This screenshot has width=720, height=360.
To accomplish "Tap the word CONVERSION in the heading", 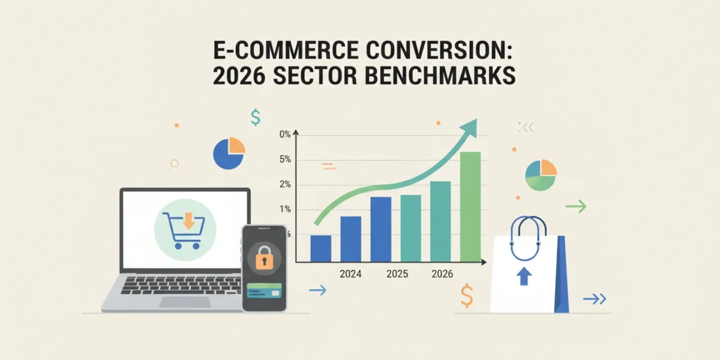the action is pyautogui.click(x=439, y=50).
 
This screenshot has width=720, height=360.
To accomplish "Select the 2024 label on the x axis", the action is pyautogui.click(x=350, y=274).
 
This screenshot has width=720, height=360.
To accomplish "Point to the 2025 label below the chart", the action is pyautogui.click(x=397, y=274).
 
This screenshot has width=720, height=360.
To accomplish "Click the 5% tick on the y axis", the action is pyautogui.click(x=285, y=159).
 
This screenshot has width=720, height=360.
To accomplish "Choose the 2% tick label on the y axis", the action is pyautogui.click(x=285, y=184).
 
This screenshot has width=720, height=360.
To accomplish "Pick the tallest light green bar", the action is pyautogui.click(x=470, y=206).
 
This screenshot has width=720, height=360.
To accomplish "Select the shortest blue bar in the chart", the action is pyautogui.click(x=320, y=248).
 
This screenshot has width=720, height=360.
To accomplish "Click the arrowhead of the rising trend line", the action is pyautogui.click(x=470, y=128).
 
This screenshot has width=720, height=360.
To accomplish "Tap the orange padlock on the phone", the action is pyautogui.click(x=264, y=258).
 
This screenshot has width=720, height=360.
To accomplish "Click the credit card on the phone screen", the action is pyautogui.click(x=264, y=290).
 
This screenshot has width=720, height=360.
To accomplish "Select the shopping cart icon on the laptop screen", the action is pyautogui.click(x=184, y=230).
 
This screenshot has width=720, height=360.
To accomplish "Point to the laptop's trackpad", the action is pyautogui.click(x=185, y=302).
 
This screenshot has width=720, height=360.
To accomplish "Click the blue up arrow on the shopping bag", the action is pyautogui.click(x=524, y=276).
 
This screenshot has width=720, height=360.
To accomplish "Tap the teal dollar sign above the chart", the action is pyautogui.click(x=256, y=118).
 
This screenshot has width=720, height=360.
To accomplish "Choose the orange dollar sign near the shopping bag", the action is pyautogui.click(x=467, y=296).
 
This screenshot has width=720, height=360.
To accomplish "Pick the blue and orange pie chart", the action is pyautogui.click(x=229, y=154).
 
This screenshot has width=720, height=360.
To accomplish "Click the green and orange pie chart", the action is pyautogui.click(x=541, y=175).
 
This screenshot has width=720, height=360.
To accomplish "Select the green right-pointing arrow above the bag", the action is pyautogui.click(x=576, y=206).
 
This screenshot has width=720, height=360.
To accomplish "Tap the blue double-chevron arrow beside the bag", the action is pyautogui.click(x=595, y=299).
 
